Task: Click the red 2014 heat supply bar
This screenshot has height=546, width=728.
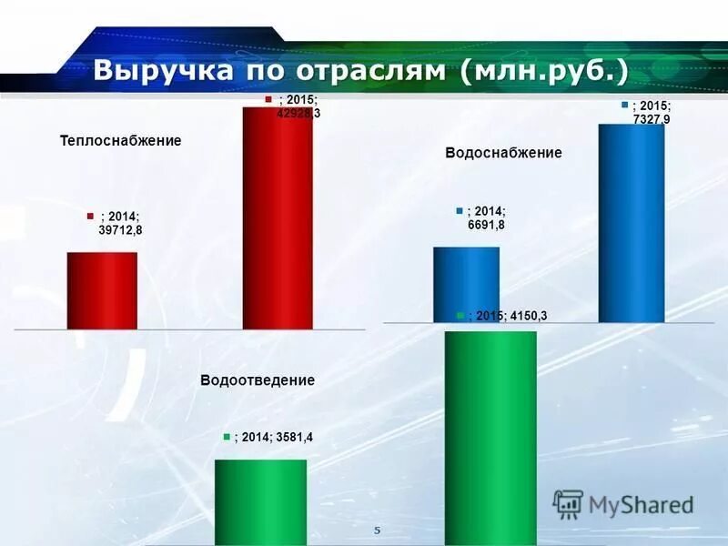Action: [x=102, y=290]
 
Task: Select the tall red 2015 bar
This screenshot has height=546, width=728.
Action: [x=277, y=218]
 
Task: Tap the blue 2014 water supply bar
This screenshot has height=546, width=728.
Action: [x=466, y=284]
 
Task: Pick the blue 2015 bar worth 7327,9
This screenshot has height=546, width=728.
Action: [x=632, y=223]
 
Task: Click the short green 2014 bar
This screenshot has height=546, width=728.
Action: [x=260, y=501]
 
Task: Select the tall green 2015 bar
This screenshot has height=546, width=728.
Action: [x=490, y=437]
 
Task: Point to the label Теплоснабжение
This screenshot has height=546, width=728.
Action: [x=121, y=141]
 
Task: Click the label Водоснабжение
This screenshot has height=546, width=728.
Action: [x=503, y=153]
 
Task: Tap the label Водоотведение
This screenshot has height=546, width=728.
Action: [x=258, y=380]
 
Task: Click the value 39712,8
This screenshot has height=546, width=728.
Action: [x=120, y=230]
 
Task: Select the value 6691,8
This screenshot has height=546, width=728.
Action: [x=486, y=225]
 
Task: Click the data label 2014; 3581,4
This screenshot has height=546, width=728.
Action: [x=274, y=438]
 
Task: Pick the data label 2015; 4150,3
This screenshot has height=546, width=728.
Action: [x=509, y=316]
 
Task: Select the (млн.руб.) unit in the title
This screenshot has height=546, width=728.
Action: [x=544, y=71]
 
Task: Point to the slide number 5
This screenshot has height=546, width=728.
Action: [x=377, y=530]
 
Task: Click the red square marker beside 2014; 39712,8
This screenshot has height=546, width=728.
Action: [x=91, y=216]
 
